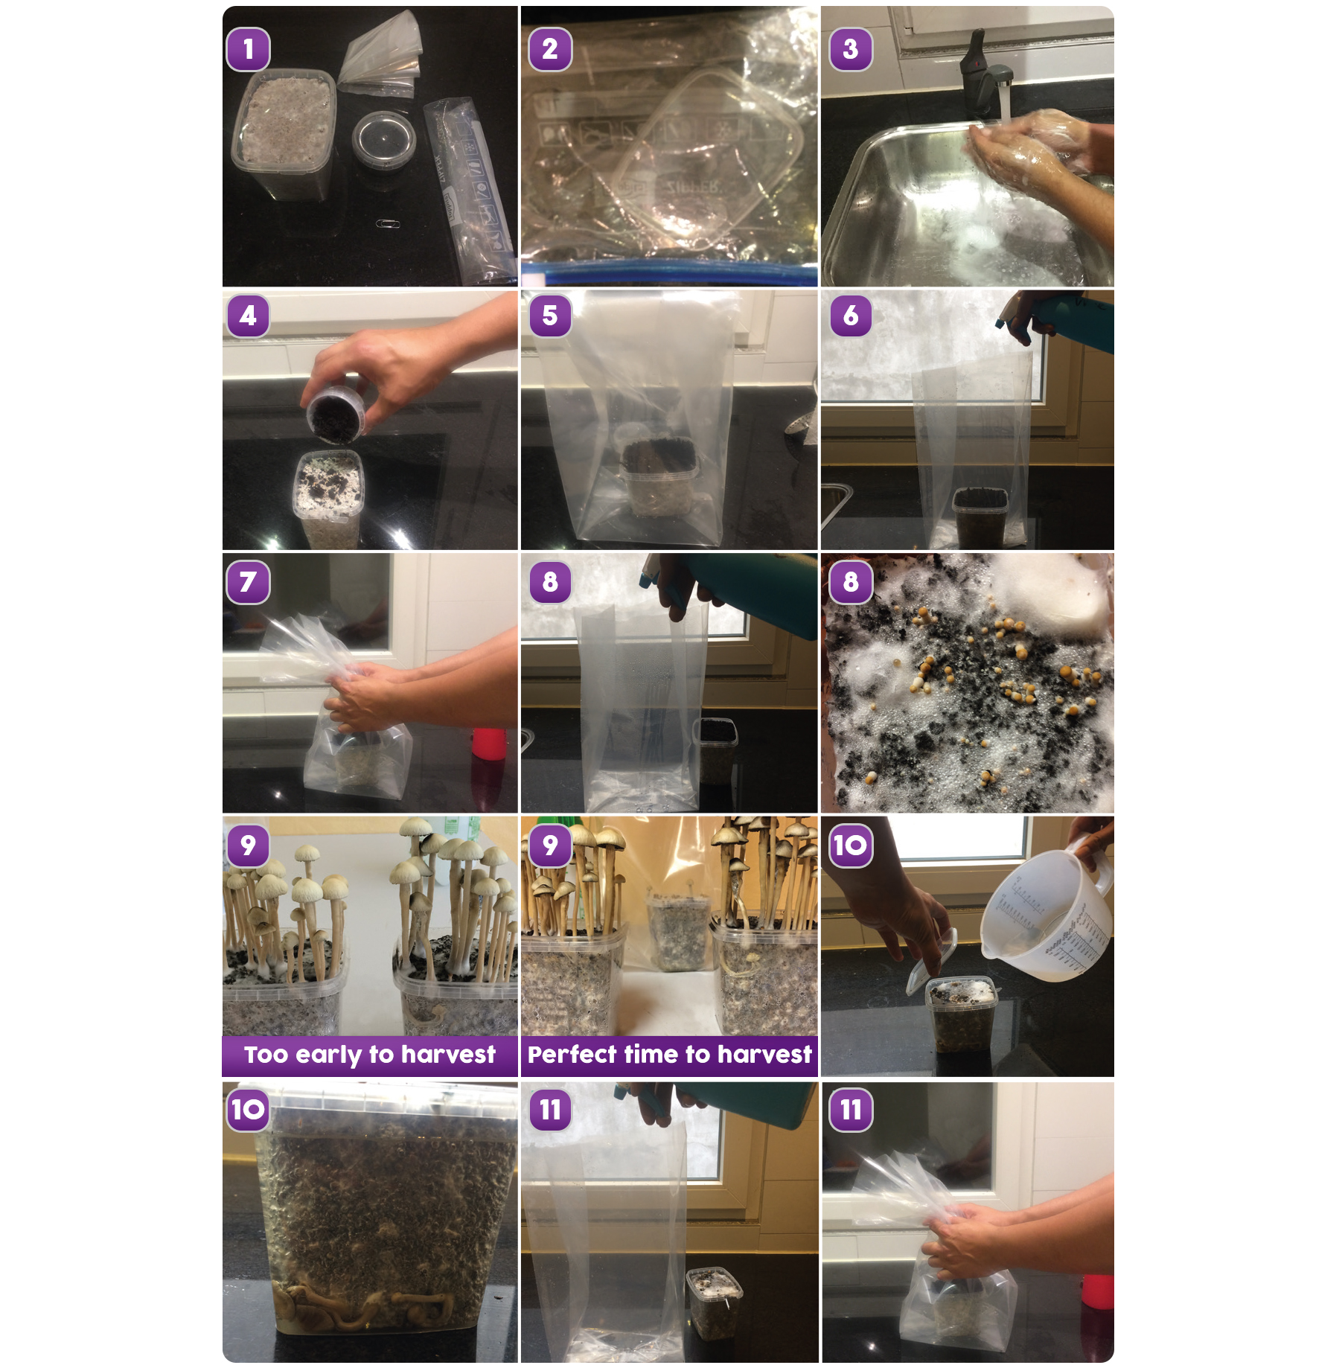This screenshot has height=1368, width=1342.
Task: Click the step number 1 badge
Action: coord(248,49)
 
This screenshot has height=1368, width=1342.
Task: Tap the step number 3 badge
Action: coord(850,49)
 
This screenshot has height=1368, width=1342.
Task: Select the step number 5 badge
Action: coord(550,315)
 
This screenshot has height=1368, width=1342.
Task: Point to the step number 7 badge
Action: coord(248,582)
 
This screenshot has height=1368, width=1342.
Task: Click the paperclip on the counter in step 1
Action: coord(386,223)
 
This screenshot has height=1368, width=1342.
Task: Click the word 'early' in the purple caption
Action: coord(327,1055)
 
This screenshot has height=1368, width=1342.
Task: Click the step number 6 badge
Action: coord(850,315)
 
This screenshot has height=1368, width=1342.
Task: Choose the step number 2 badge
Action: coord(550,49)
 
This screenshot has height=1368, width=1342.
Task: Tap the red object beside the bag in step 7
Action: coord(489,744)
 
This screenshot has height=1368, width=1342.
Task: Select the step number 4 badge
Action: coord(248,315)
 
